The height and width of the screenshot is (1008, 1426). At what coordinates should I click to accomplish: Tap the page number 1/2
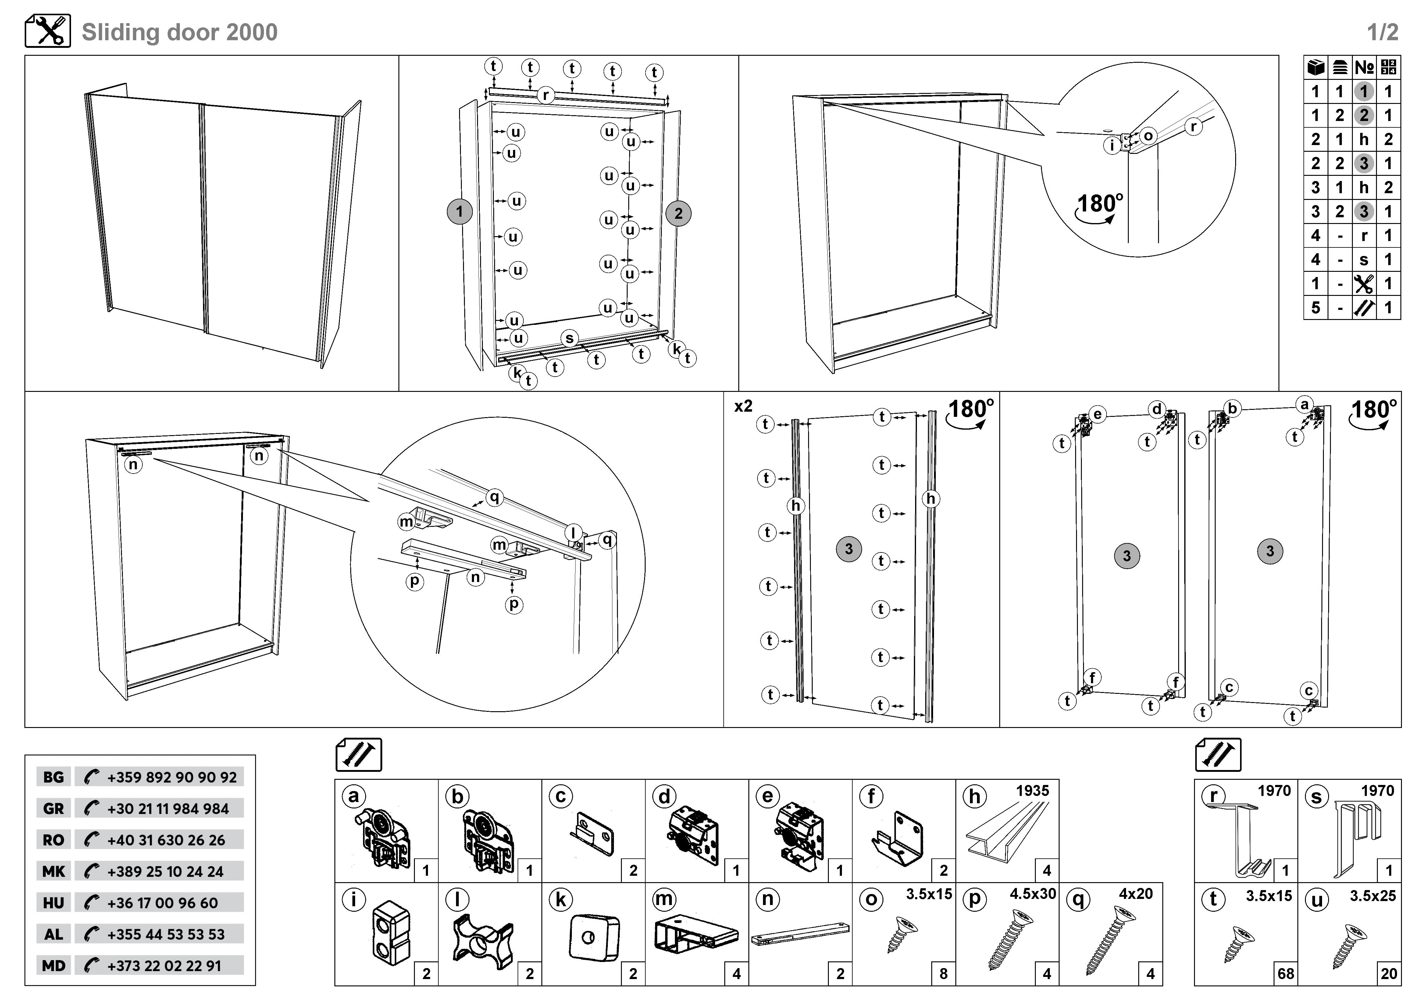tap(1382, 32)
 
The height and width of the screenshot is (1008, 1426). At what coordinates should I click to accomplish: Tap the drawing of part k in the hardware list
tap(593, 937)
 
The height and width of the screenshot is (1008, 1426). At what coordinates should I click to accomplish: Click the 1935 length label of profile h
tap(1032, 791)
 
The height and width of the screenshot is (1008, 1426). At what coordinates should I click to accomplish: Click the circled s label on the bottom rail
tap(569, 338)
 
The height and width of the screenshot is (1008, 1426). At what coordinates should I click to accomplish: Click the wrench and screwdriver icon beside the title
tap(48, 31)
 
